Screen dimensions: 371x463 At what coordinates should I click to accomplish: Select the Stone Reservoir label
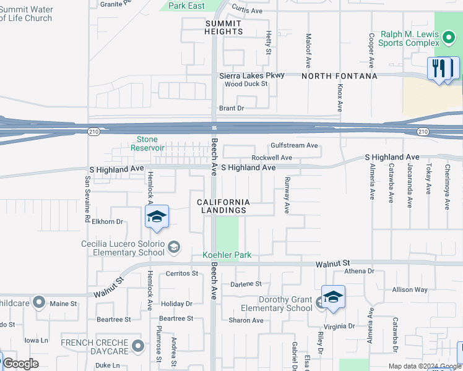[x=147, y=143]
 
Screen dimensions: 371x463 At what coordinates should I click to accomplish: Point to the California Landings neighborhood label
[x=224, y=207]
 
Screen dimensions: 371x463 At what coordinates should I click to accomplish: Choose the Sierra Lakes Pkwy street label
[x=252, y=75]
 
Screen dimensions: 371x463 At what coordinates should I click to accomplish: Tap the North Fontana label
[x=339, y=76]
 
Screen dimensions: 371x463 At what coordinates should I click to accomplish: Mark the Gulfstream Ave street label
[x=294, y=145]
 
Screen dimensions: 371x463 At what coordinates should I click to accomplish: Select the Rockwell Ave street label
[x=271, y=158]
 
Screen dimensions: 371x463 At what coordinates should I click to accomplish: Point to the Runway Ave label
[x=287, y=195]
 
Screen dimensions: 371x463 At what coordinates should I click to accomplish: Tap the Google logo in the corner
[x=20, y=364]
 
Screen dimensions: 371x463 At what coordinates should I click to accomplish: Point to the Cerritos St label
[x=181, y=273]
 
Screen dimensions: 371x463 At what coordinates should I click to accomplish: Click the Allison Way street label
[x=410, y=289]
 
